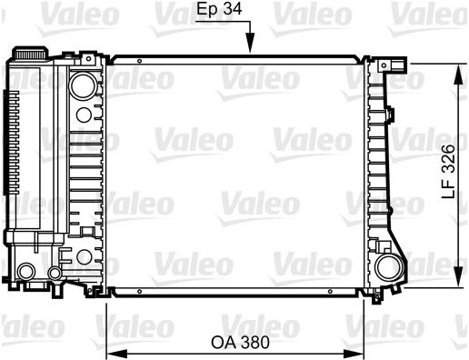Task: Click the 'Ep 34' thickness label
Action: (219, 9)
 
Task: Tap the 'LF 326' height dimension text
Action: (448, 172)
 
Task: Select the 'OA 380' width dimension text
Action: (240, 343)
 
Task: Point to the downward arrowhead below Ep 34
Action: (250, 43)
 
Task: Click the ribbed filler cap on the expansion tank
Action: (30, 54)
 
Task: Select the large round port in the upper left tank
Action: (84, 85)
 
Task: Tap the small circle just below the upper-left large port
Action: (84, 115)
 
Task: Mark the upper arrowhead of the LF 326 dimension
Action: (459, 75)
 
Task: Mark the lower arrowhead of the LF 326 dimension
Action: (459, 276)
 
